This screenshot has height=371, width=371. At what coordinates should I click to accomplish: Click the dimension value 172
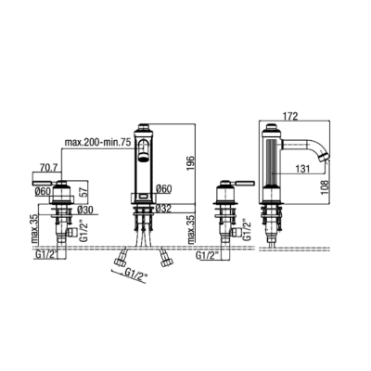tap(290, 116)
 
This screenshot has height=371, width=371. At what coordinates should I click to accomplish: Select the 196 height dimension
tap(191, 163)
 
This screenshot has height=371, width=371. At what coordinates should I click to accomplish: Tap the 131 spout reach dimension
tap(302, 169)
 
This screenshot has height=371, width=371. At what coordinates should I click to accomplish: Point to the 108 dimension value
tap(325, 186)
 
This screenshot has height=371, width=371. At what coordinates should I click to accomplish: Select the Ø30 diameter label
tap(85, 210)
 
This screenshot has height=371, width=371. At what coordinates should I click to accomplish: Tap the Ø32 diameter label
tap(164, 209)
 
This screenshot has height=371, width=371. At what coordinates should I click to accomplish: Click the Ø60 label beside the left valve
tap(43, 192)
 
